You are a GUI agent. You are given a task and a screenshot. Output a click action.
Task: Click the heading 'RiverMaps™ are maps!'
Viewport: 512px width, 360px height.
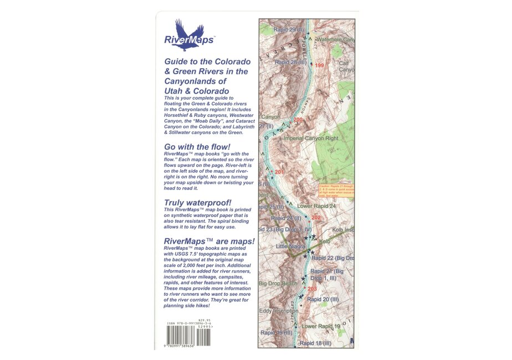point(209,241)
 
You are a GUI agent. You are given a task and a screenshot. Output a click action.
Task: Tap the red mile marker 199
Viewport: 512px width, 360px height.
point(319,66)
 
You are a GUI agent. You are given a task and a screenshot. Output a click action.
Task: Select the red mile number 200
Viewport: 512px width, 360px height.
point(298,120)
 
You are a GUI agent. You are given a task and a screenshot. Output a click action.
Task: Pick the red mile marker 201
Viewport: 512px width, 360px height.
point(279,172)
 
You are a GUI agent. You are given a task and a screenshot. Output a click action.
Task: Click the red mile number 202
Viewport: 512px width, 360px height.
point(316,218)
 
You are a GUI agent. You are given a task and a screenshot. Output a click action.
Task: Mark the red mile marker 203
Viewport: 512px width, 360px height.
point(312,290)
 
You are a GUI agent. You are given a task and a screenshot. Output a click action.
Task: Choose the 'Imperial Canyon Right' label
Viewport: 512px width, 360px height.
point(310,138)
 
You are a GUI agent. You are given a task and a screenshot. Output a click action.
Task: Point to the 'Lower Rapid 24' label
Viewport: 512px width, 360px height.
point(317,206)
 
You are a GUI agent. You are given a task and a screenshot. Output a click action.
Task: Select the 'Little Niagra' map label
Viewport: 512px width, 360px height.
point(291,246)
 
